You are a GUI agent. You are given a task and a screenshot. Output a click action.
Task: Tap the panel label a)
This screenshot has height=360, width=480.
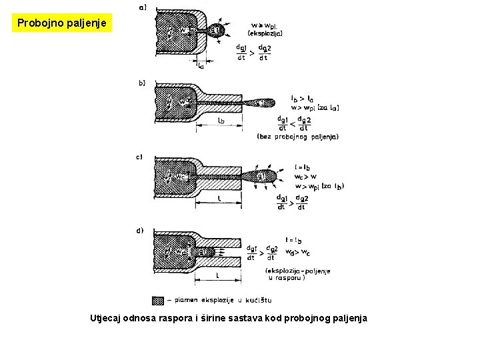(x=141, y=8)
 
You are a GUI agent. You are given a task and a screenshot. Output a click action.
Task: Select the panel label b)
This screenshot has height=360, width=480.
(x=141, y=83)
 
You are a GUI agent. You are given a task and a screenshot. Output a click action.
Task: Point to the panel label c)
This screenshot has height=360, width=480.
(x=139, y=157)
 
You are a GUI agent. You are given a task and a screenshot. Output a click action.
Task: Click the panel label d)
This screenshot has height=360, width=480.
(x=139, y=231)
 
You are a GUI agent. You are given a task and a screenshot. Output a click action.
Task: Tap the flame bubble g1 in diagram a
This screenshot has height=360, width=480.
(x=216, y=30)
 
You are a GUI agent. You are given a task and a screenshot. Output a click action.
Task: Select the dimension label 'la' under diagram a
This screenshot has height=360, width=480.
(x=201, y=65)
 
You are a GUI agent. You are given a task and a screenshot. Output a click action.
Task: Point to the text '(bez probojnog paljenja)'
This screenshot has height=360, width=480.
(x=298, y=137)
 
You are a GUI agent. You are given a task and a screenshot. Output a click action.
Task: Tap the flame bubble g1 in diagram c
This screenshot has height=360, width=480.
(x=261, y=176)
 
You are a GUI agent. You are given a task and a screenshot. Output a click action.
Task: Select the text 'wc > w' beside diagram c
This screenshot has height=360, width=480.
(x=307, y=177)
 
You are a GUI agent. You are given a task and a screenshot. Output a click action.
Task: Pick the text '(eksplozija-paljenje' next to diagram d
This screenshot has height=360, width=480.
(x=297, y=271)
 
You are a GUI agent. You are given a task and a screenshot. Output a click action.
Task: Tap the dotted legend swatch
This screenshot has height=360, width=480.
(x=158, y=300)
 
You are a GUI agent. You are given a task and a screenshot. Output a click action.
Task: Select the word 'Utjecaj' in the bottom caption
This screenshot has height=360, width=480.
(x=105, y=318)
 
